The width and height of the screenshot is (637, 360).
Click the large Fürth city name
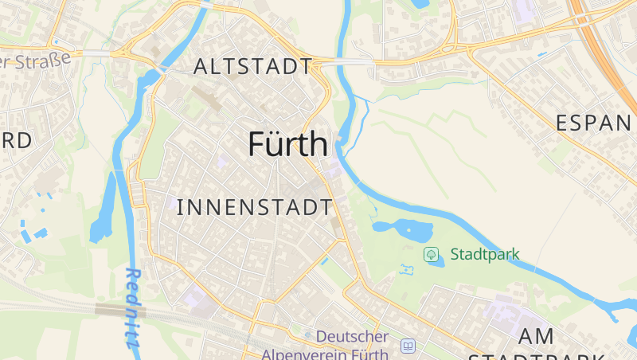(x=287, y=144)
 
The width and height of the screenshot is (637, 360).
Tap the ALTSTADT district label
(x=252, y=67)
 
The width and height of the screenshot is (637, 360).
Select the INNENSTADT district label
(x=254, y=208)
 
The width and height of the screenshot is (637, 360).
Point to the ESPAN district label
(x=594, y=123)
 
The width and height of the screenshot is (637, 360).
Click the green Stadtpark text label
(x=484, y=255)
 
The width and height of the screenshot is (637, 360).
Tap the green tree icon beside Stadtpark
(x=431, y=255)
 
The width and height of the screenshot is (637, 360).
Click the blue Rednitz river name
(x=133, y=307)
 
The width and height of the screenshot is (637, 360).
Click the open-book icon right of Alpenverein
(x=408, y=346)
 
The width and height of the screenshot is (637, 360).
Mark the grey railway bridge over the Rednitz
(x=109, y=308)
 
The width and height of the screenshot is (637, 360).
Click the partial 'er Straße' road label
(x=36, y=61)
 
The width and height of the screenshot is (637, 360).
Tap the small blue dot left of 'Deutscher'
(x=308, y=335)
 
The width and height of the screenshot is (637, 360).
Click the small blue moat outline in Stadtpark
(x=406, y=270)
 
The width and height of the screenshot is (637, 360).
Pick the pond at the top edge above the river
(x=419, y=4)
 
